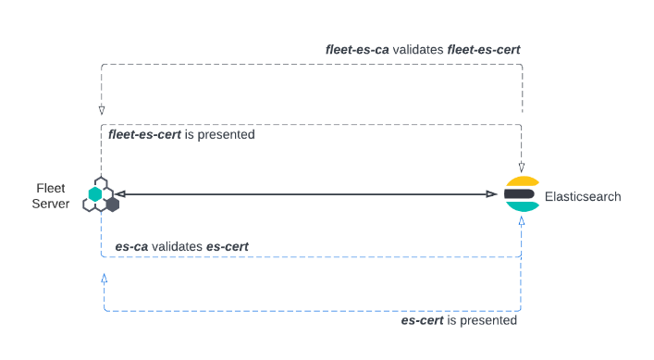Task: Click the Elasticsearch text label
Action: point(583,196)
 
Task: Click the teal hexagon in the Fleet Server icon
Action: point(94,194)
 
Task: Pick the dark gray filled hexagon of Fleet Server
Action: point(112,204)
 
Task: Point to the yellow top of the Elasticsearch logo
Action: point(523,180)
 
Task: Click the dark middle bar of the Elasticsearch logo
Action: point(521,194)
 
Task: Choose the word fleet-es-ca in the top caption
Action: point(359,48)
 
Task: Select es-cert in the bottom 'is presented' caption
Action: point(423,320)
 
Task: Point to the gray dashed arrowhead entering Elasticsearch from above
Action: point(523,166)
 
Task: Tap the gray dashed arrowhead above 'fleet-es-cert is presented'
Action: point(101,110)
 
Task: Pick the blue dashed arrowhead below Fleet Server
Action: point(104,278)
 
